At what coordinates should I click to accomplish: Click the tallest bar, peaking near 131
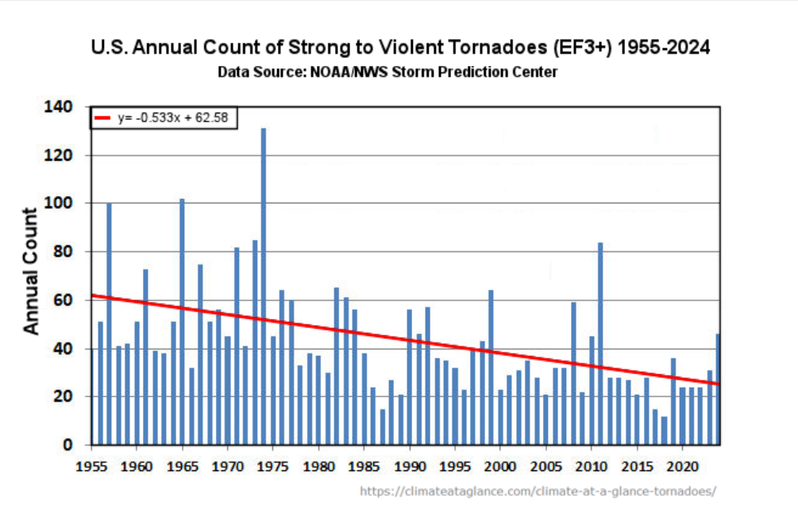coord(264,286)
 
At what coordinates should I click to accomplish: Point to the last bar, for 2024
coord(718,388)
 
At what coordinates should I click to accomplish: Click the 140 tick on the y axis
coord(62,106)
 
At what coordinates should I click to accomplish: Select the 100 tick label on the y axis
coord(62,203)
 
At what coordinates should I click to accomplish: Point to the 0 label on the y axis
coord(70,445)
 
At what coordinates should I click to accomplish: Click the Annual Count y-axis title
coord(30,271)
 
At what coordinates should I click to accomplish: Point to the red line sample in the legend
coord(104,118)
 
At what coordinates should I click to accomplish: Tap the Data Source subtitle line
coord(387,72)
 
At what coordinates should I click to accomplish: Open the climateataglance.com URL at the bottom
coord(538,491)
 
